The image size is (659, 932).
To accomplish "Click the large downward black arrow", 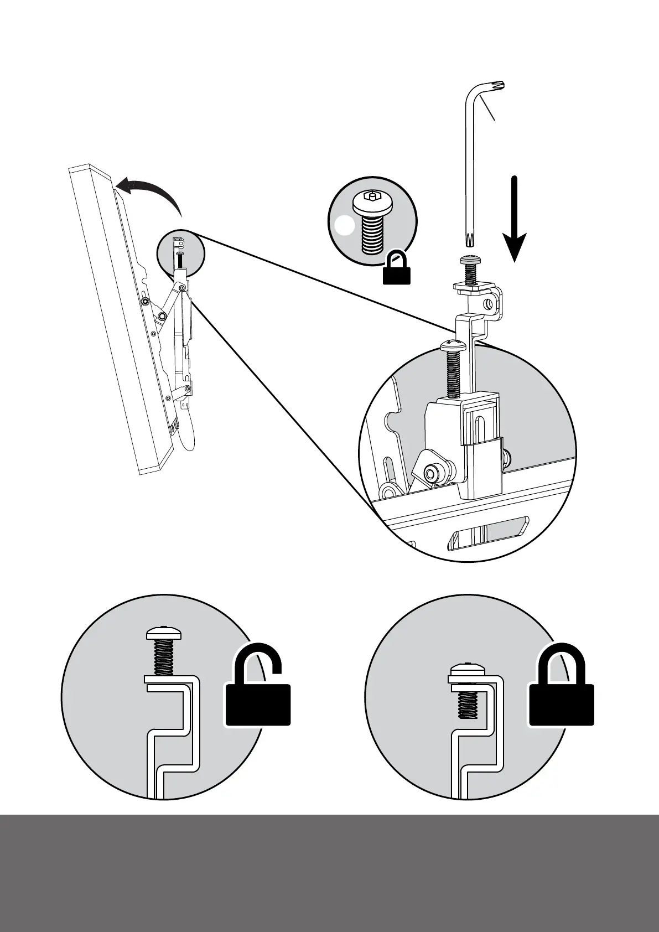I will point(515,221).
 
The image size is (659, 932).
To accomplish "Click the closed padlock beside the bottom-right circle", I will point(562,689).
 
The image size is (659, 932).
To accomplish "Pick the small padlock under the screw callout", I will point(397,268).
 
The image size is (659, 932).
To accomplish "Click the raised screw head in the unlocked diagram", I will point(164,633).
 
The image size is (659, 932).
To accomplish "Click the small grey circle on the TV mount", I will point(180,254).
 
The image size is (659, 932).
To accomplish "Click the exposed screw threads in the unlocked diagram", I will point(163,659).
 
